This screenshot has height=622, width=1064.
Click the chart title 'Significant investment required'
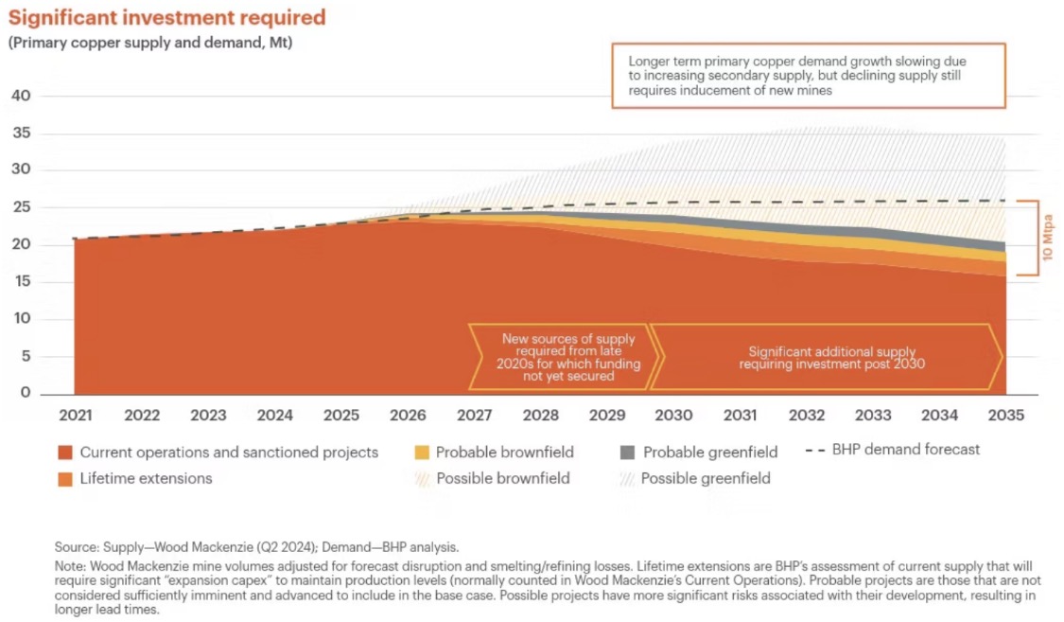(166, 18)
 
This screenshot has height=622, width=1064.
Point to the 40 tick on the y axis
(21, 96)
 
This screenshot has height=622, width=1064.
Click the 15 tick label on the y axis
(21, 281)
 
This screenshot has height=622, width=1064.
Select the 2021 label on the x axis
(76, 415)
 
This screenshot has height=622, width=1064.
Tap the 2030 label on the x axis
(673, 415)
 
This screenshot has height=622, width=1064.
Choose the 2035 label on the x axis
(1004, 415)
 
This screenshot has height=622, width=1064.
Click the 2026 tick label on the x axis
(408, 415)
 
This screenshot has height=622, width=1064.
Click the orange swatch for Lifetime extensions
(64, 478)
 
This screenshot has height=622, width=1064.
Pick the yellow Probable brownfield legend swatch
(423, 452)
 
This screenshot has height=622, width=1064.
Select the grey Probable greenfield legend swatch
(627, 452)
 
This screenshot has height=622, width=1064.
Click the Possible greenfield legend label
(706, 478)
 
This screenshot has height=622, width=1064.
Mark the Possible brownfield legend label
(503, 478)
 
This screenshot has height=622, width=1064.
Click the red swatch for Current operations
(64, 452)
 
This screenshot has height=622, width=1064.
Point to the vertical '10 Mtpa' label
(1047, 238)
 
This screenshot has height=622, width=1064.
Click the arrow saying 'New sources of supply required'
(567, 357)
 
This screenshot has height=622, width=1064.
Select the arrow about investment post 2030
(826, 357)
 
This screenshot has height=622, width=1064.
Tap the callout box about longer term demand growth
(808, 75)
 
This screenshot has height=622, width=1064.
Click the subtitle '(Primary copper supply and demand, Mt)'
(150, 44)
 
